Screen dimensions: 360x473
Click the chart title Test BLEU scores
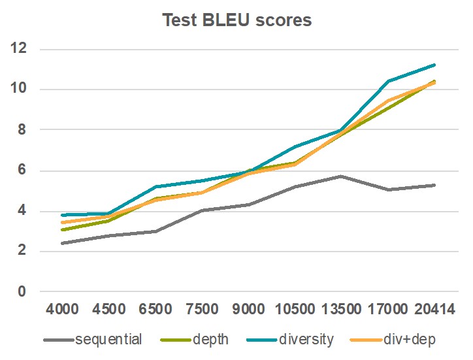pos(236,20)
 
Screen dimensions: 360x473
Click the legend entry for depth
pos(211,339)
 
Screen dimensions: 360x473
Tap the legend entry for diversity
pos(304,339)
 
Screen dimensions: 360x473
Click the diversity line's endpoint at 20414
pos(435,65)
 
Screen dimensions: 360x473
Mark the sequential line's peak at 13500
pos(341,176)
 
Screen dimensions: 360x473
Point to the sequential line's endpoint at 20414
pos(435,185)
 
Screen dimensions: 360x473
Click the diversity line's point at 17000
pos(388,81)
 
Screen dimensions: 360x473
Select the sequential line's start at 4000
pos(61,243)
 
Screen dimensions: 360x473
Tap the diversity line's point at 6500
pos(154,187)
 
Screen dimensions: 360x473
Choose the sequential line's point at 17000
pos(388,189)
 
